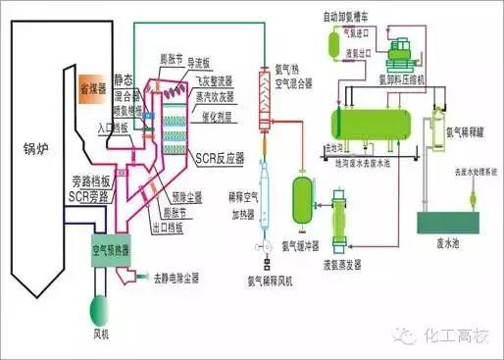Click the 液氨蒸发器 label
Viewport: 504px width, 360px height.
point(339,264)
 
